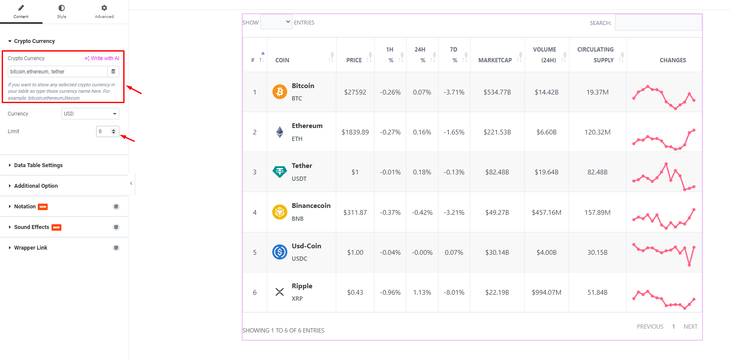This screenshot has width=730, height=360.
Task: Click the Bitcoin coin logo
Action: coord(280,92)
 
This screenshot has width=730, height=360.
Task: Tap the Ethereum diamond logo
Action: coord(280,132)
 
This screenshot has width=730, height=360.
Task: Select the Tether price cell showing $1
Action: coord(355,172)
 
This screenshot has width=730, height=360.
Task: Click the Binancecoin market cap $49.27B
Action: coord(497,212)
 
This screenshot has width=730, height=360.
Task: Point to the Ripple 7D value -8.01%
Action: coord(454,293)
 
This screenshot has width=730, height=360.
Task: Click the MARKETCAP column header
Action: coord(495,60)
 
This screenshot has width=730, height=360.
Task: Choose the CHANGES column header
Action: coord(672,60)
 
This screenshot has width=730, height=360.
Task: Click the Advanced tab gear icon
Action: coord(104,8)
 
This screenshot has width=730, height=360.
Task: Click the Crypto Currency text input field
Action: coord(58,72)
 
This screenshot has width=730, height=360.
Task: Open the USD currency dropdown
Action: coord(90,114)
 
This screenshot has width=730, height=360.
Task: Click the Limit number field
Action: coord(104,131)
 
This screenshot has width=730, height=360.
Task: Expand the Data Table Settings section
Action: coord(38,165)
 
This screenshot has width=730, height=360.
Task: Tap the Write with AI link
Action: coord(102,58)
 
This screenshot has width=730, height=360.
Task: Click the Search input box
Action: coord(658,23)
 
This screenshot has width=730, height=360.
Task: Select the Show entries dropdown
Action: coord(276,22)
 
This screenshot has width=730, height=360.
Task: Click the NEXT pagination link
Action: coord(690,326)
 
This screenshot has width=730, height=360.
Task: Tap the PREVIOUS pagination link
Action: coord(650,326)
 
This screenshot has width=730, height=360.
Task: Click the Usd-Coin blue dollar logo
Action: coord(280,252)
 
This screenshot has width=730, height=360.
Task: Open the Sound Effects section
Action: coord(32,227)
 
